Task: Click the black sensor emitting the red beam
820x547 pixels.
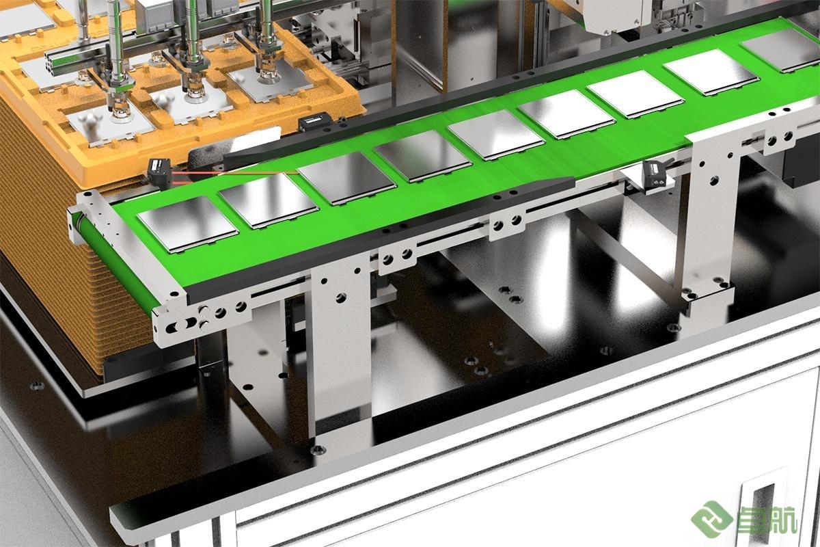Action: click(159, 172)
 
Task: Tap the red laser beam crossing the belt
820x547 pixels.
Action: click(234, 172)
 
